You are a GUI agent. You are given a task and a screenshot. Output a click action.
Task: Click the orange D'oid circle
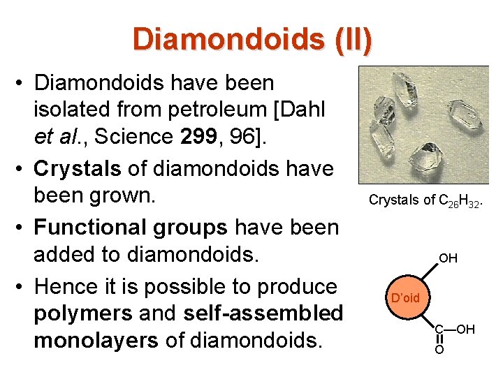click(x=405, y=298)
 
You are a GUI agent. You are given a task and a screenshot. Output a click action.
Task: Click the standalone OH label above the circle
click(x=448, y=258)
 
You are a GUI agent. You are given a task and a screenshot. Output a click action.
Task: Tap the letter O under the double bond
click(x=439, y=349)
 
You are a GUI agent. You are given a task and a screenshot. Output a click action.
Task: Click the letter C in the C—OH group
click(x=439, y=329)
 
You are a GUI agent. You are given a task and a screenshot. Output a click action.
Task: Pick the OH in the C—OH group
click(x=465, y=329)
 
